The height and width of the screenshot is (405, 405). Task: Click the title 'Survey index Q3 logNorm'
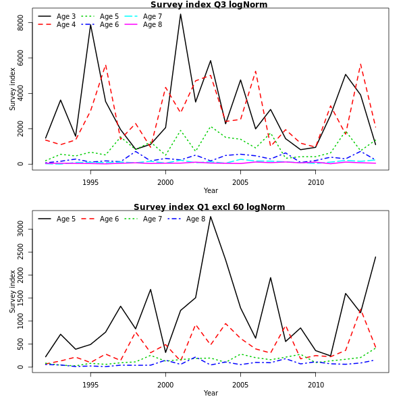[209, 5]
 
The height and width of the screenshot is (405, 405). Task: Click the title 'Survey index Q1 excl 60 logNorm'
[209, 207]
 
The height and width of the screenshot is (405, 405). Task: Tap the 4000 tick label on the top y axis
[21, 93]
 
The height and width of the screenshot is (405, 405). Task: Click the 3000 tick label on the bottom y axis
[21, 230]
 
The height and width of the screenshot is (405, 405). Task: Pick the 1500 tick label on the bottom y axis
[21, 298]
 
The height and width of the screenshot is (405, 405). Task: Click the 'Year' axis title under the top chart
[211, 191]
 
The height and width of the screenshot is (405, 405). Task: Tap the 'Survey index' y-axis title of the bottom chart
[12, 291]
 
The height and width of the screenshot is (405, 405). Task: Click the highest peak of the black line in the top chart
[180, 14]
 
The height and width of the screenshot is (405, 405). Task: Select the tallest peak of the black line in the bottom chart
[210, 217]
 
